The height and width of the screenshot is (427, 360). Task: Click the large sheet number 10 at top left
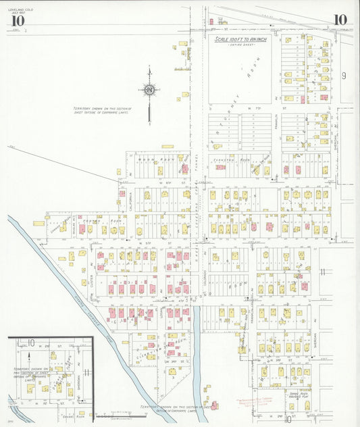click(17, 20)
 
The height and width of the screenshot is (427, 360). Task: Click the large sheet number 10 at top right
click(339, 20)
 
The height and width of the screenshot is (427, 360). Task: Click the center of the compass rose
click(149, 90)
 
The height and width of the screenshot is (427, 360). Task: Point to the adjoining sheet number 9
click(344, 76)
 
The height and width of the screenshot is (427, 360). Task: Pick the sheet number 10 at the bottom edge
click(288, 420)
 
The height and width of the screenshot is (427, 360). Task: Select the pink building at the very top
click(211, 21)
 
